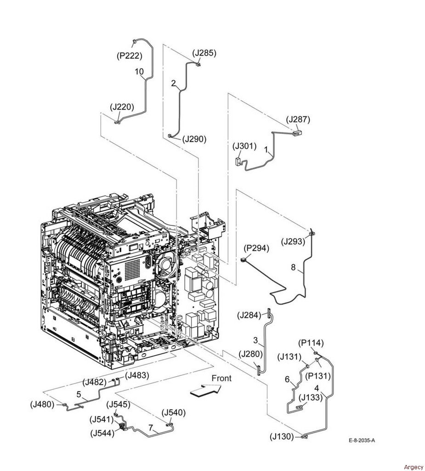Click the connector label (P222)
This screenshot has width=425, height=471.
[129, 56]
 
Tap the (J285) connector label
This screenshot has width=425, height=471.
[204, 53]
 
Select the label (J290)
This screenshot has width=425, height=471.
[194, 138]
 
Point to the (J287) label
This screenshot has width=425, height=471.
[298, 120]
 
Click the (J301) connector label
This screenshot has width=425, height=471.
[244, 147]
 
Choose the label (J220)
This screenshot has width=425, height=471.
[122, 107]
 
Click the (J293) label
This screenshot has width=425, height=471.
[294, 241]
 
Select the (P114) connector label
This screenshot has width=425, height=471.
[311, 343]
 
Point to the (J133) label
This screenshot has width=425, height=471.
[311, 397]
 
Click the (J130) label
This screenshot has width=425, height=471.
[282, 437]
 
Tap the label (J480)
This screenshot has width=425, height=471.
[42, 405]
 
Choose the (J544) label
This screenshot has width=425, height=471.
[103, 433]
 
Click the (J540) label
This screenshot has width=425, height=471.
[173, 413]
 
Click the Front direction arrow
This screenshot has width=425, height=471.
[205, 390]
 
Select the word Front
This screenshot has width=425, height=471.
[221, 378]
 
